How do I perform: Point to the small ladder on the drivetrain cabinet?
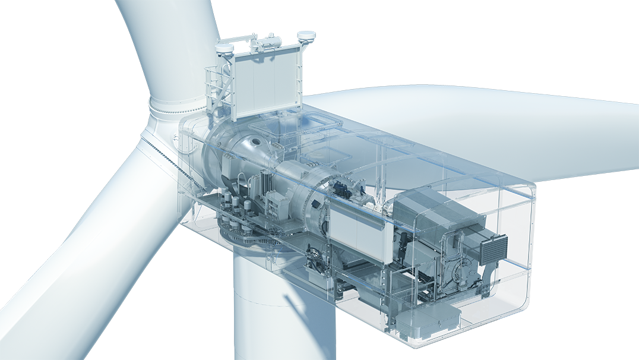coord(276,205)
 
